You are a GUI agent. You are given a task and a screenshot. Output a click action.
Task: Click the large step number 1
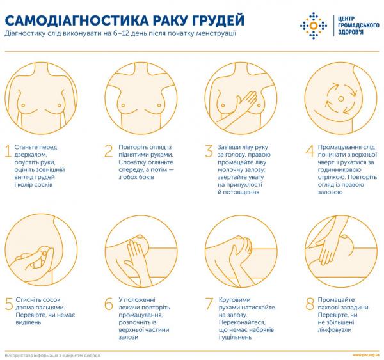8,152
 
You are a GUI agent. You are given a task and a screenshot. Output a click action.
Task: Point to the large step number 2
108,152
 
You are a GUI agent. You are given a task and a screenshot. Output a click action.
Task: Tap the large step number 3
209,152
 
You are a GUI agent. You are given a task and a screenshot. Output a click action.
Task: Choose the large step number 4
310,152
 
